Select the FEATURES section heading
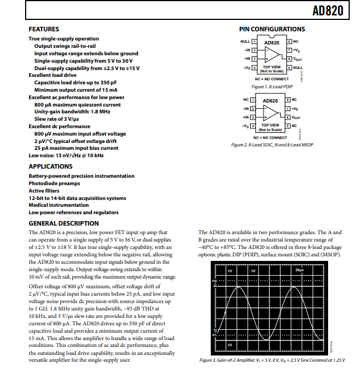[x=43, y=29]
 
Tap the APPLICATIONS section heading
[x=51, y=166]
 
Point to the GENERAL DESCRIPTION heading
[x=63, y=223]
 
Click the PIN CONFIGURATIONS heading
[x=272, y=29]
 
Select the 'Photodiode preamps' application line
[x=54, y=183]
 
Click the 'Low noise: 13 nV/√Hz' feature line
[x=67, y=155]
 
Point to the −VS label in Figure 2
[x=246, y=125]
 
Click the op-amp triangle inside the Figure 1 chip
[x=272, y=55]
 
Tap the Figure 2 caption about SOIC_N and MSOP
[x=272, y=145]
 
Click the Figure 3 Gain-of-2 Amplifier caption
[x=272, y=360]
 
